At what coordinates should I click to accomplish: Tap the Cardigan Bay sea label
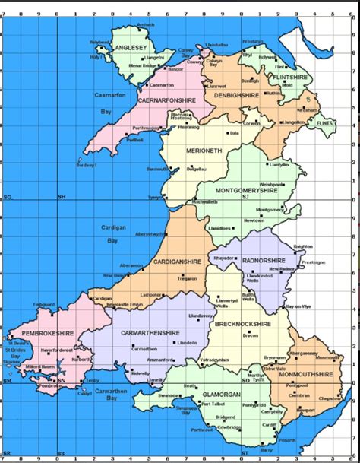point(112,233)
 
